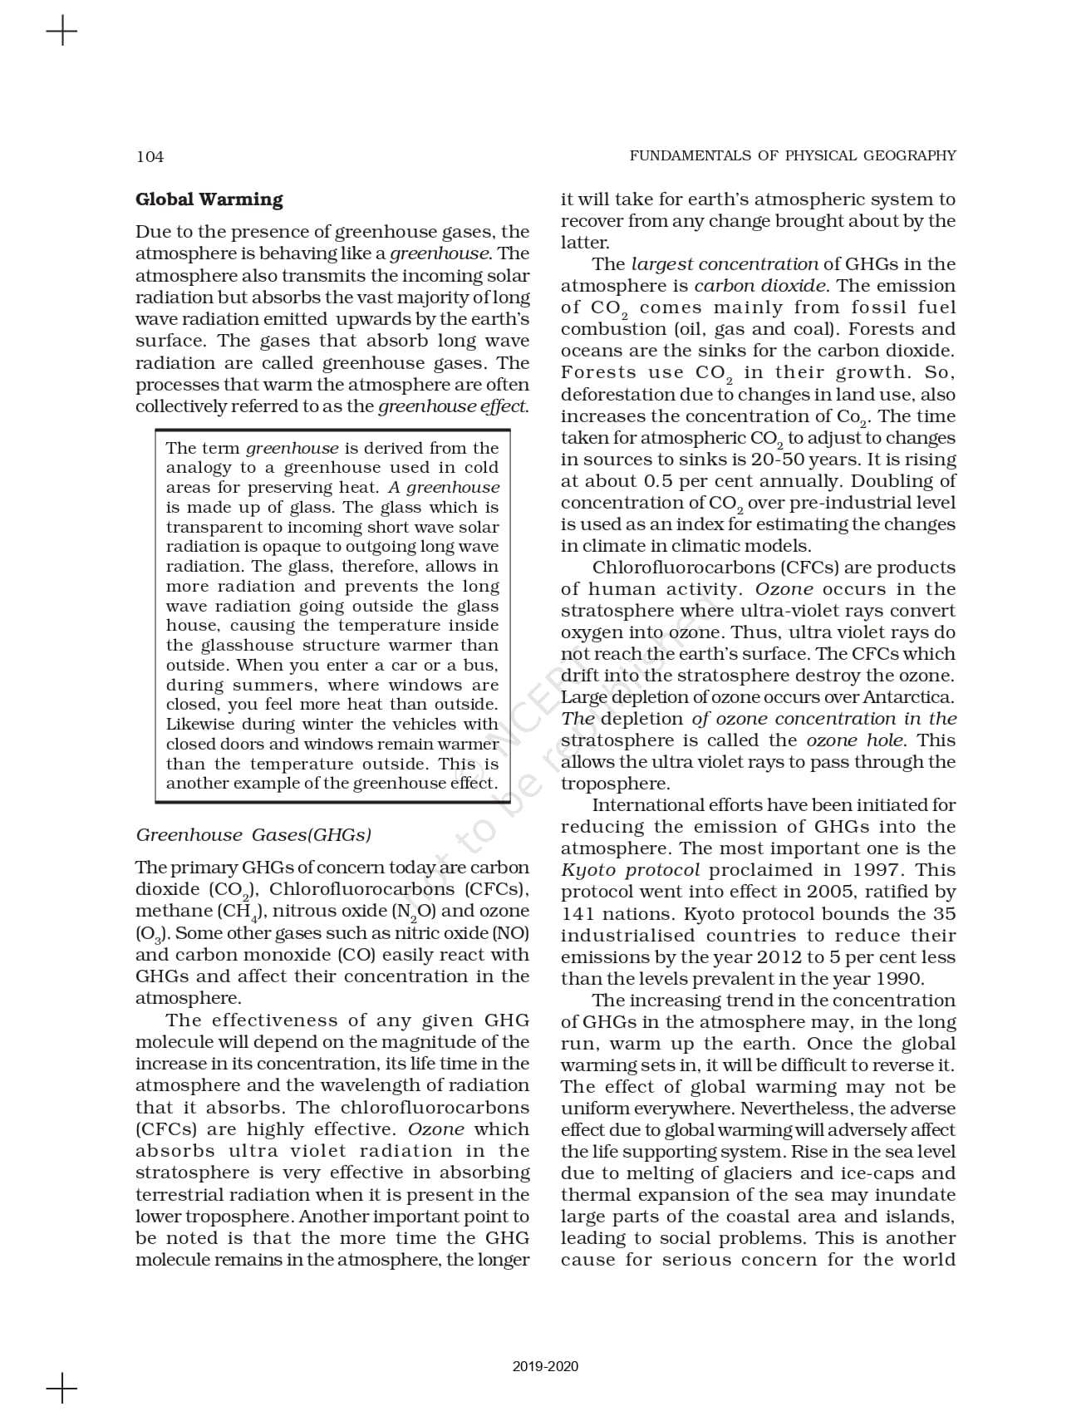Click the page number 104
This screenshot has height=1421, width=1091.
pos(150,156)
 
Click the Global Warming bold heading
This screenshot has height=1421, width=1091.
pos(209,199)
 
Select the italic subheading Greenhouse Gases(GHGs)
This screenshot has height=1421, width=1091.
pos(253,835)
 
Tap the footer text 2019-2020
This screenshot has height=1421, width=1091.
pos(545,1366)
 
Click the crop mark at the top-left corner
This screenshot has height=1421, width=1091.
pos(61,32)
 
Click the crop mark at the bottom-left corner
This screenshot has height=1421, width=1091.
pos(61,1388)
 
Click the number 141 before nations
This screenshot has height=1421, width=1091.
pos(577,913)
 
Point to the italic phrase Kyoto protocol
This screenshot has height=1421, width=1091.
pos(630,870)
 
